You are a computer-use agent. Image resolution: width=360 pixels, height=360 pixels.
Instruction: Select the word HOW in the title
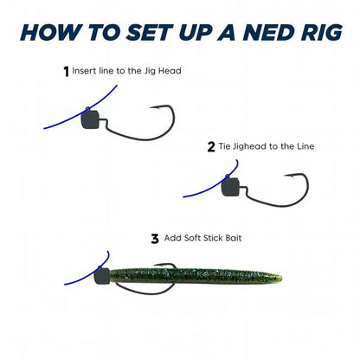51,34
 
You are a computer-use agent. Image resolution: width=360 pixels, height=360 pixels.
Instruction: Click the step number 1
66,72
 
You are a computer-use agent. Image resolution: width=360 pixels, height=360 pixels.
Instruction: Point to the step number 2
211,147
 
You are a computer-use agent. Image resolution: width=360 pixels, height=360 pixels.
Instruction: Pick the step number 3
156,238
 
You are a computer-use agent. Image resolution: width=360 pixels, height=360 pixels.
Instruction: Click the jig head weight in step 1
90,119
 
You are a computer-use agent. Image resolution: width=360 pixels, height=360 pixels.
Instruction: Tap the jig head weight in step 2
230,184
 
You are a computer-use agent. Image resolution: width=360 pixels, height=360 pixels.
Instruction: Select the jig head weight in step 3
101,277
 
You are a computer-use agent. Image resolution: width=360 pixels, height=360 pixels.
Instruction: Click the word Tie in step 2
225,147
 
